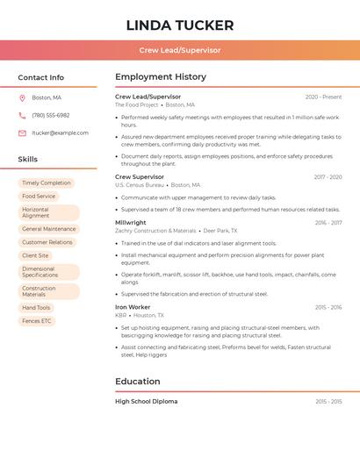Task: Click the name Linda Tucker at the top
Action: [x=179, y=25]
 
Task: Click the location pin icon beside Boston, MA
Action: [x=22, y=98]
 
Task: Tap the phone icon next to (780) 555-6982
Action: [x=22, y=116]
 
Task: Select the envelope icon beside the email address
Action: [x=22, y=133]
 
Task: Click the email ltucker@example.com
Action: [x=60, y=133]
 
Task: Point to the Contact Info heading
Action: [x=40, y=77]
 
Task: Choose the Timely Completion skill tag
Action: [x=47, y=183]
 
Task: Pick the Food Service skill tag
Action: [x=39, y=197]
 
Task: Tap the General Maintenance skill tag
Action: [x=48, y=229]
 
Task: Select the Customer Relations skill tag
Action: [x=47, y=242]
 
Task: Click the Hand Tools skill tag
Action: [x=37, y=308]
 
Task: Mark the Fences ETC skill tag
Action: [x=37, y=321]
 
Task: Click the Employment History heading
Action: [x=161, y=77]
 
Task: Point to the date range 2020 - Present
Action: [x=323, y=97]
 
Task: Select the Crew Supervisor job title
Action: [x=140, y=177]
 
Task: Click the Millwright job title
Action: [x=131, y=223]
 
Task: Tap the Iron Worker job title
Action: [x=133, y=307]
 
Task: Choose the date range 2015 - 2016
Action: [x=328, y=307]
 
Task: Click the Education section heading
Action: [x=138, y=382]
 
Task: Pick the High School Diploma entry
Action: [x=146, y=402]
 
